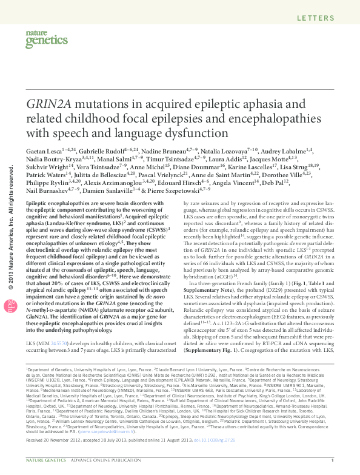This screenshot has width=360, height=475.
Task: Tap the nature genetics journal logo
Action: [41, 40]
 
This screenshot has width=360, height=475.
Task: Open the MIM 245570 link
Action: [56, 326]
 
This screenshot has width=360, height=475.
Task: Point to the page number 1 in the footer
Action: [332, 468]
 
